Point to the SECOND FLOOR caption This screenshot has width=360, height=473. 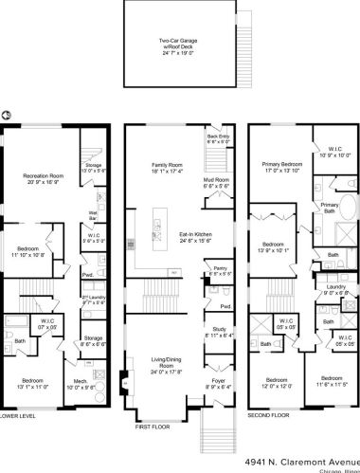pos(270,414)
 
